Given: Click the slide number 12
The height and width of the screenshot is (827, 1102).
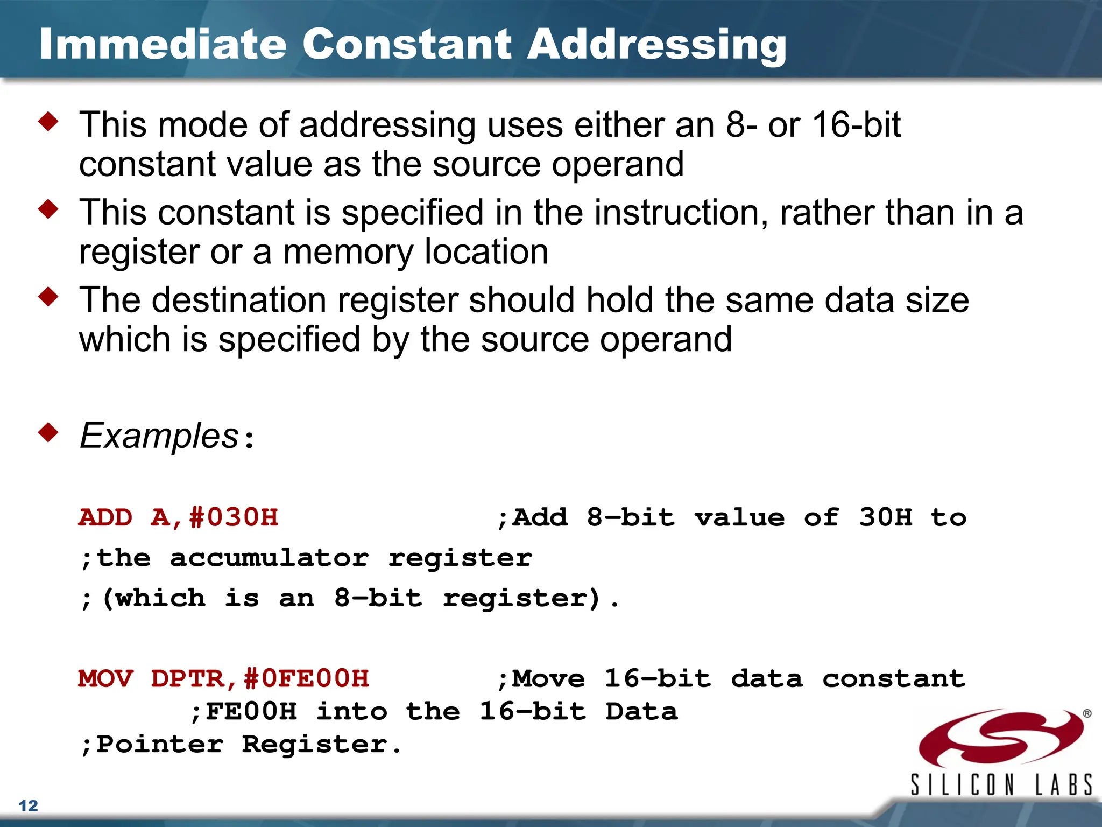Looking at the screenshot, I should pos(28,805).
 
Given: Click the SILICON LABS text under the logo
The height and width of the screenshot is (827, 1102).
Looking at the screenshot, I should pos(1001,784).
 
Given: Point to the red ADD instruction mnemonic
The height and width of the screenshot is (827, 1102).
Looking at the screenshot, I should pos(105,517).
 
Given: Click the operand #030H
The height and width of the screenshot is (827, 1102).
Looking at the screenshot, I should pos(234,517).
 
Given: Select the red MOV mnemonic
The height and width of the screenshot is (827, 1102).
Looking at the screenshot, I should pos(105,678).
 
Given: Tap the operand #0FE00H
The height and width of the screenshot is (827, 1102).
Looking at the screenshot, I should pos(306,678).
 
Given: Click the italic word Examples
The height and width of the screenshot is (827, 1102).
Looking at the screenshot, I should pos(159,435).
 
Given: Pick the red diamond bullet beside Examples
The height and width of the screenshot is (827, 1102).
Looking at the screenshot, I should pos(48,432).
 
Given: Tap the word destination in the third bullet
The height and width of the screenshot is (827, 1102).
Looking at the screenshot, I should pos(239,300).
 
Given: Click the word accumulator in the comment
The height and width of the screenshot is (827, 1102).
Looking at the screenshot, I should pos(269,558).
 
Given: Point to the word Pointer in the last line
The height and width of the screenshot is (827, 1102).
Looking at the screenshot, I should pos(159,745).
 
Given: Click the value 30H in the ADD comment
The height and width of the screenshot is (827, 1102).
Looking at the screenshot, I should pos(885,517).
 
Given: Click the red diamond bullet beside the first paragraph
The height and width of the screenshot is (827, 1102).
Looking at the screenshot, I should pos(48,122).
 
